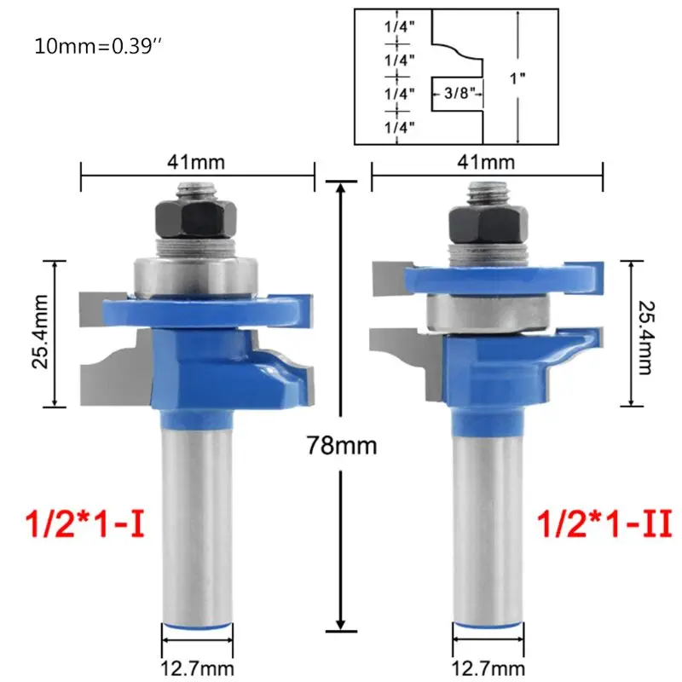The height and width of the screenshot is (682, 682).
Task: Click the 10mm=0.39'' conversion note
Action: [98, 46]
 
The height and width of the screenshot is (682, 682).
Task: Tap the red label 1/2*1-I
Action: [85, 524]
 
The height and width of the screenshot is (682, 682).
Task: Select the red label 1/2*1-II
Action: [604, 524]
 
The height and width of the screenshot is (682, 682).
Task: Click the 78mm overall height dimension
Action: [342, 445]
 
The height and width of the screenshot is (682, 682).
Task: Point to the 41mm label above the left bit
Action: [196, 162]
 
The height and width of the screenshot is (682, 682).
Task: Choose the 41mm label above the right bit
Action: [486, 162]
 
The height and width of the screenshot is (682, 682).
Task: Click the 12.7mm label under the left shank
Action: [197, 668]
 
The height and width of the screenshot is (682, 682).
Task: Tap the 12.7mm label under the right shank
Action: [488, 668]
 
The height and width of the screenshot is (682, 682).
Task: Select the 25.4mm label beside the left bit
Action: [40, 332]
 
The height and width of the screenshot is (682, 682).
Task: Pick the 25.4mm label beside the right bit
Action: [645, 338]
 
